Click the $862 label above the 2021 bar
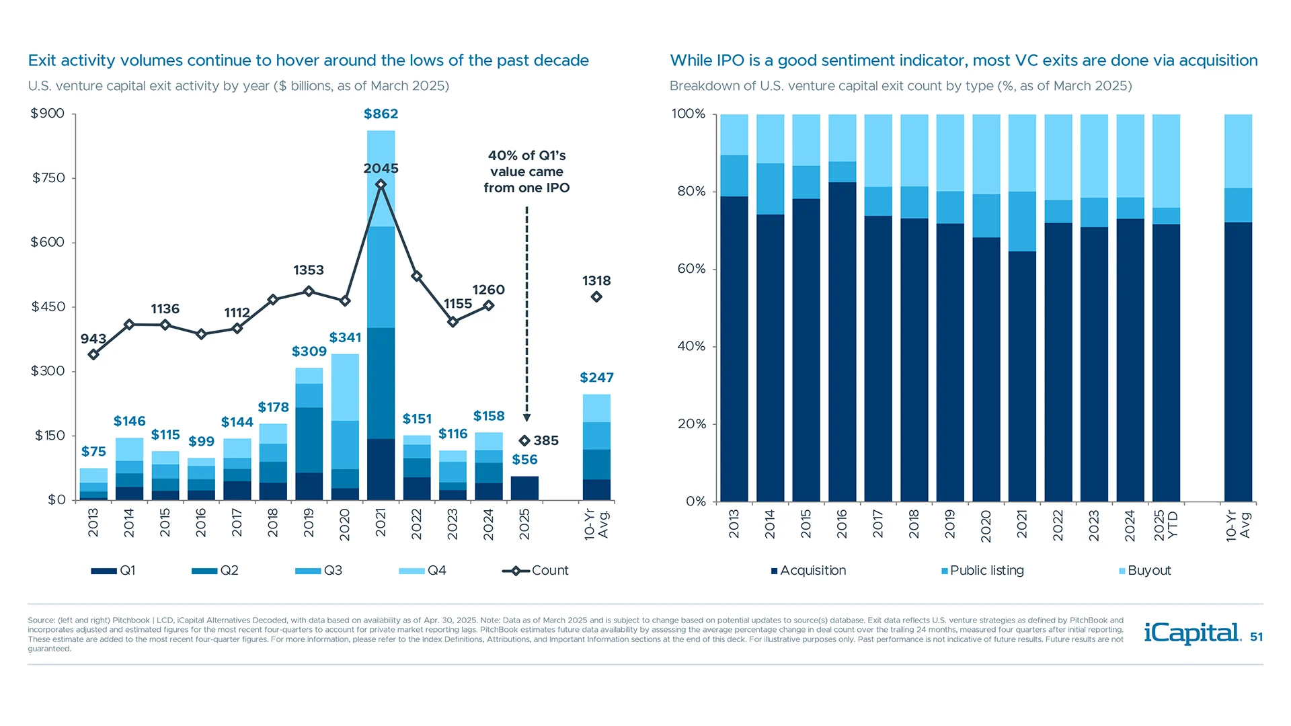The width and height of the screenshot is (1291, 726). (x=381, y=114)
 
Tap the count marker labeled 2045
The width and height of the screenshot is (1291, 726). (x=381, y=184)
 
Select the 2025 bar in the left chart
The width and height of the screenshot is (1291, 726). (x=524, y=488)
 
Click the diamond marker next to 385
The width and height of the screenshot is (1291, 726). (x=524, y=441)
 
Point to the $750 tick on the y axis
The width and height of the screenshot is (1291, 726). (x=48, y=178)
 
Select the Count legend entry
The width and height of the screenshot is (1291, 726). (x=535, y=571)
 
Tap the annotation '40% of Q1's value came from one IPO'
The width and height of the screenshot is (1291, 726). (x=526, y=171)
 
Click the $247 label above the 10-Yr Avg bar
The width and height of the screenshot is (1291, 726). (x=596, y=378)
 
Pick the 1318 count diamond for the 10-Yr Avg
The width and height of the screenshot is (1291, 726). (x=596, y=297)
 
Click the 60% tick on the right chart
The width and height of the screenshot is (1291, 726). (x=691, y=269)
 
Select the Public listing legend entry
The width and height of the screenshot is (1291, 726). (x=982, y=571)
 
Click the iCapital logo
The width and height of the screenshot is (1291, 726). (x=1192, y=633)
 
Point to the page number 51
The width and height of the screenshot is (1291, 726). (x=1256, y=637)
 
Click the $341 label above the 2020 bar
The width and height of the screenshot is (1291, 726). (x=345, y=337)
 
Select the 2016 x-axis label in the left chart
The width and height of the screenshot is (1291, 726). (x=201, y=523)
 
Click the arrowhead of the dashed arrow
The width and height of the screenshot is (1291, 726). (x=526, y=418)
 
